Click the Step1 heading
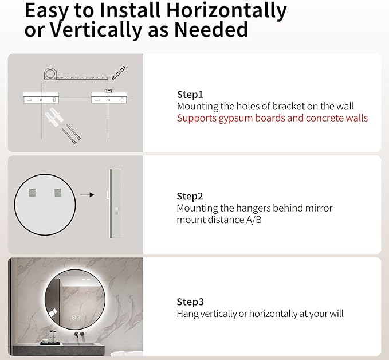(x=190, y=95)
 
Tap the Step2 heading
(x=190, y=197)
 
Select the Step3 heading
(x=190, y=302)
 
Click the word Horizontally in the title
(x=226, y=11)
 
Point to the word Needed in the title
(x=211, y=30)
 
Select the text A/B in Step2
(x=254, y=220)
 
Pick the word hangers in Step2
(x=253, y=209)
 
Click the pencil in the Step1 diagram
(x=119, y=73)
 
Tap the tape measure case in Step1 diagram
(x=50, y=74)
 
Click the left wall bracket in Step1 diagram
(x=41, y=97)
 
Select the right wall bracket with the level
(x=109, y=97)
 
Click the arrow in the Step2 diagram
(x=87, y=195)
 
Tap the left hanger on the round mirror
(x=32, y=193)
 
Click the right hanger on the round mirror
(x=58, y=193)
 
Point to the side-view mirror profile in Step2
(x=115, y=204)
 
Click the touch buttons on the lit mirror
(x=76, y=318)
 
